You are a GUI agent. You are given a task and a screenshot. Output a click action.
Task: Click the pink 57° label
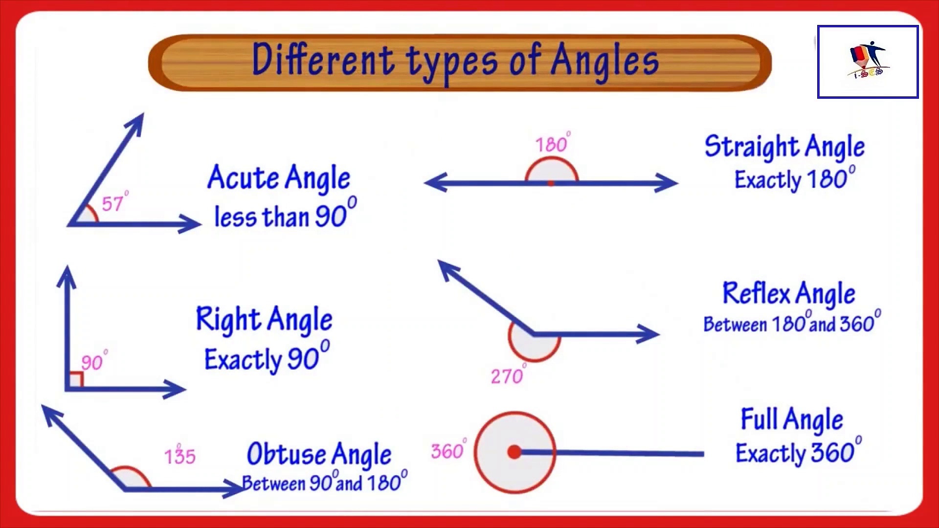(x=114, y=203)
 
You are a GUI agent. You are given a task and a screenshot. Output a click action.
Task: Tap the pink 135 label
(x=179, y=456)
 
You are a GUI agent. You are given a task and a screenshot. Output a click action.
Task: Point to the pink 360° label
(x=448, y=450)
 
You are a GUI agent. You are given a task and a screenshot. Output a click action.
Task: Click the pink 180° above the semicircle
(x=552, y=144)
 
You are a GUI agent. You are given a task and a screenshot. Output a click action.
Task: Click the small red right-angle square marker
(x=76, y=380)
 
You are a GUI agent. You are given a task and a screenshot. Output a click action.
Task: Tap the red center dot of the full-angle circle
(x=514, y=452)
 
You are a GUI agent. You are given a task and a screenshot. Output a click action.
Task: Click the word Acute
(x=243, y=177)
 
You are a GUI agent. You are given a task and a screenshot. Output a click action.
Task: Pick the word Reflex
(x=756, y=293)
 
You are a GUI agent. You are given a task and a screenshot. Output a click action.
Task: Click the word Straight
(x=751, y=146)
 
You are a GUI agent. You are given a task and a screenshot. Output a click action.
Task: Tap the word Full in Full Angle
(x=759, y=419)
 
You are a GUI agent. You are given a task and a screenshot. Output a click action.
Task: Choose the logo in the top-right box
(x=868, y=62)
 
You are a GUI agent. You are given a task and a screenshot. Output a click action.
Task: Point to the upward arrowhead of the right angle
(x=67, y=276)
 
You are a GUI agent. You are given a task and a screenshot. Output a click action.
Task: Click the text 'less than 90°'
(x=285, y=216)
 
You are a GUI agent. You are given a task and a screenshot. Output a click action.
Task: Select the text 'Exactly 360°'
(x=798, y=452)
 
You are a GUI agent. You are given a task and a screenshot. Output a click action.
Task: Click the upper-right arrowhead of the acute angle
(x=136, y=122)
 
